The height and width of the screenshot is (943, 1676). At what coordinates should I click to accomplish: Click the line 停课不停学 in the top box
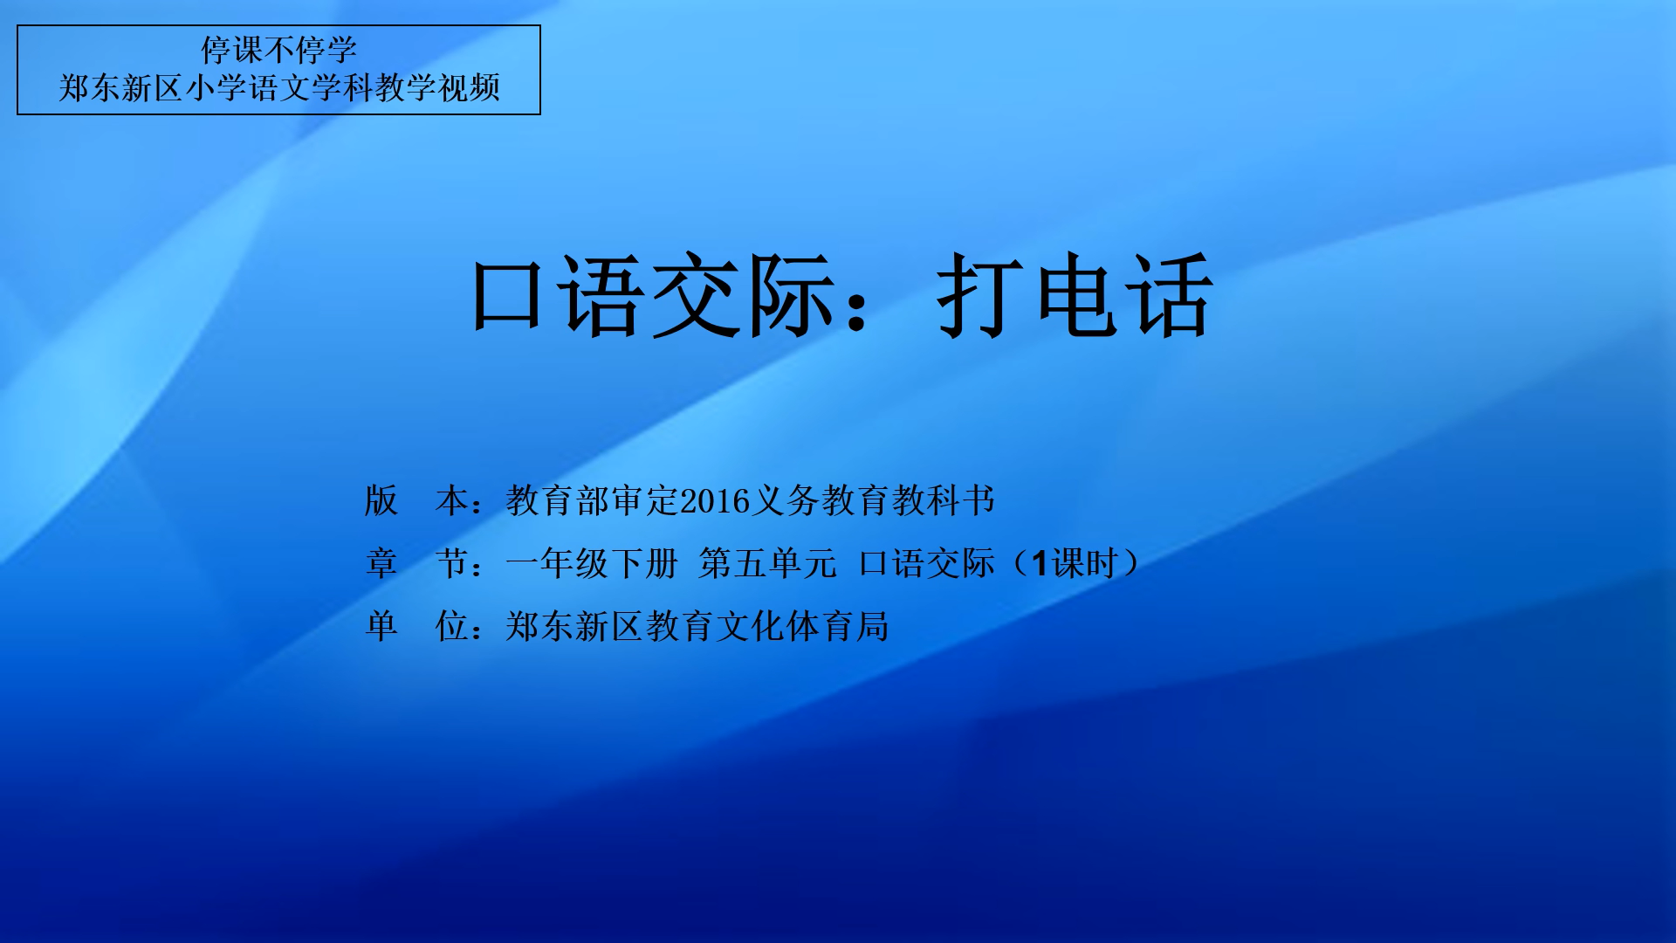coord(279,50)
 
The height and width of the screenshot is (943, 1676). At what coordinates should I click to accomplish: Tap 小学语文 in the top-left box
coord(248,88)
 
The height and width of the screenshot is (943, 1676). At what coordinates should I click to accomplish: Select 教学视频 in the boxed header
coord(438,88)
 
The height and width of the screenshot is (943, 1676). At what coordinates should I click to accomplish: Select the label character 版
coord(381,501)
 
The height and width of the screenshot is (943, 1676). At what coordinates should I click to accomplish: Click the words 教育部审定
coord(593,501)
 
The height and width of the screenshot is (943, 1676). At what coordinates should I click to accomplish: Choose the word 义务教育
coord(821,501)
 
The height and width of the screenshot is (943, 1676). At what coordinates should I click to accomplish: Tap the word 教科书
coord(944,501)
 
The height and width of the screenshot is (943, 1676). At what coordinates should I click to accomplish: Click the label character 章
coord(381,563)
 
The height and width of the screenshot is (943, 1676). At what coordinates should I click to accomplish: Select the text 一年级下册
coord(592,563)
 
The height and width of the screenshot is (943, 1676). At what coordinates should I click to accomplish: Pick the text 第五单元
coord(767,563)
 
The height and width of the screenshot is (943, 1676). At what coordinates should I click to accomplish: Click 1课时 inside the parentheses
coord(1075,563)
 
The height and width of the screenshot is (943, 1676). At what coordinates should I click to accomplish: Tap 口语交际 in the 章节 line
coord(927,563)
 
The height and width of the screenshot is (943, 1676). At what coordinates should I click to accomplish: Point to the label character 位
coord(451,626)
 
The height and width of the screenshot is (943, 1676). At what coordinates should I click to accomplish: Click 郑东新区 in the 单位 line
coord(575,626)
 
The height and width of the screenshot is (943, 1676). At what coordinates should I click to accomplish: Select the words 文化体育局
coord(802,626)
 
